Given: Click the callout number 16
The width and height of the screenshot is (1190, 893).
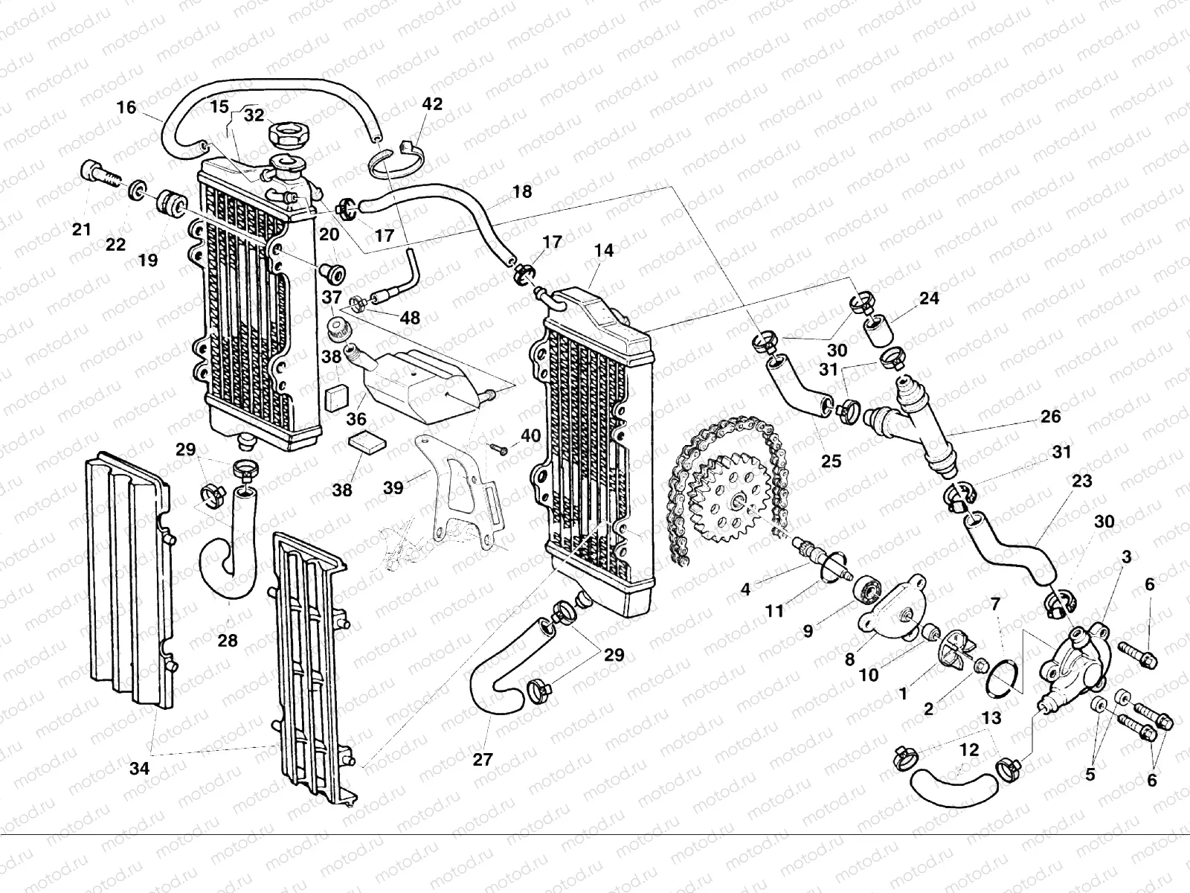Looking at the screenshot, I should click(126, 107).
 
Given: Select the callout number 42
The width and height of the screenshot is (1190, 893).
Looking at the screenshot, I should click(432, 104).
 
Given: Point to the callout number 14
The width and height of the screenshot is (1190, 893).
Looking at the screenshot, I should click(604, 251).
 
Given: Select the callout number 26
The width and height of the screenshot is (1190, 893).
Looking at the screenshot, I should click(1050, 417).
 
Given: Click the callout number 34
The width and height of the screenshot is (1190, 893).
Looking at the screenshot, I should click(139, 769).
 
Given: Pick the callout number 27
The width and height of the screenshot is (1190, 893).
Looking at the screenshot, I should click(483, 759).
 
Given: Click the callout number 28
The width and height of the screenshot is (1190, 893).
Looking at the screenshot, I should click(228, 640).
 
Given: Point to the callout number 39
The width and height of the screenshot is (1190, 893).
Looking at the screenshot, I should click(393, 487).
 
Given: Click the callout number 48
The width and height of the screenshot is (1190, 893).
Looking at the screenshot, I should click(410, 318).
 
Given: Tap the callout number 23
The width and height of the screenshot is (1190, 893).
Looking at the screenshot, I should click(1081, 481).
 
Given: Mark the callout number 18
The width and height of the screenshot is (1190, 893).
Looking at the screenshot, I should click(522, 192).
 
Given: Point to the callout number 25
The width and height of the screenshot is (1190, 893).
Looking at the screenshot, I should click(831, 461).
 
